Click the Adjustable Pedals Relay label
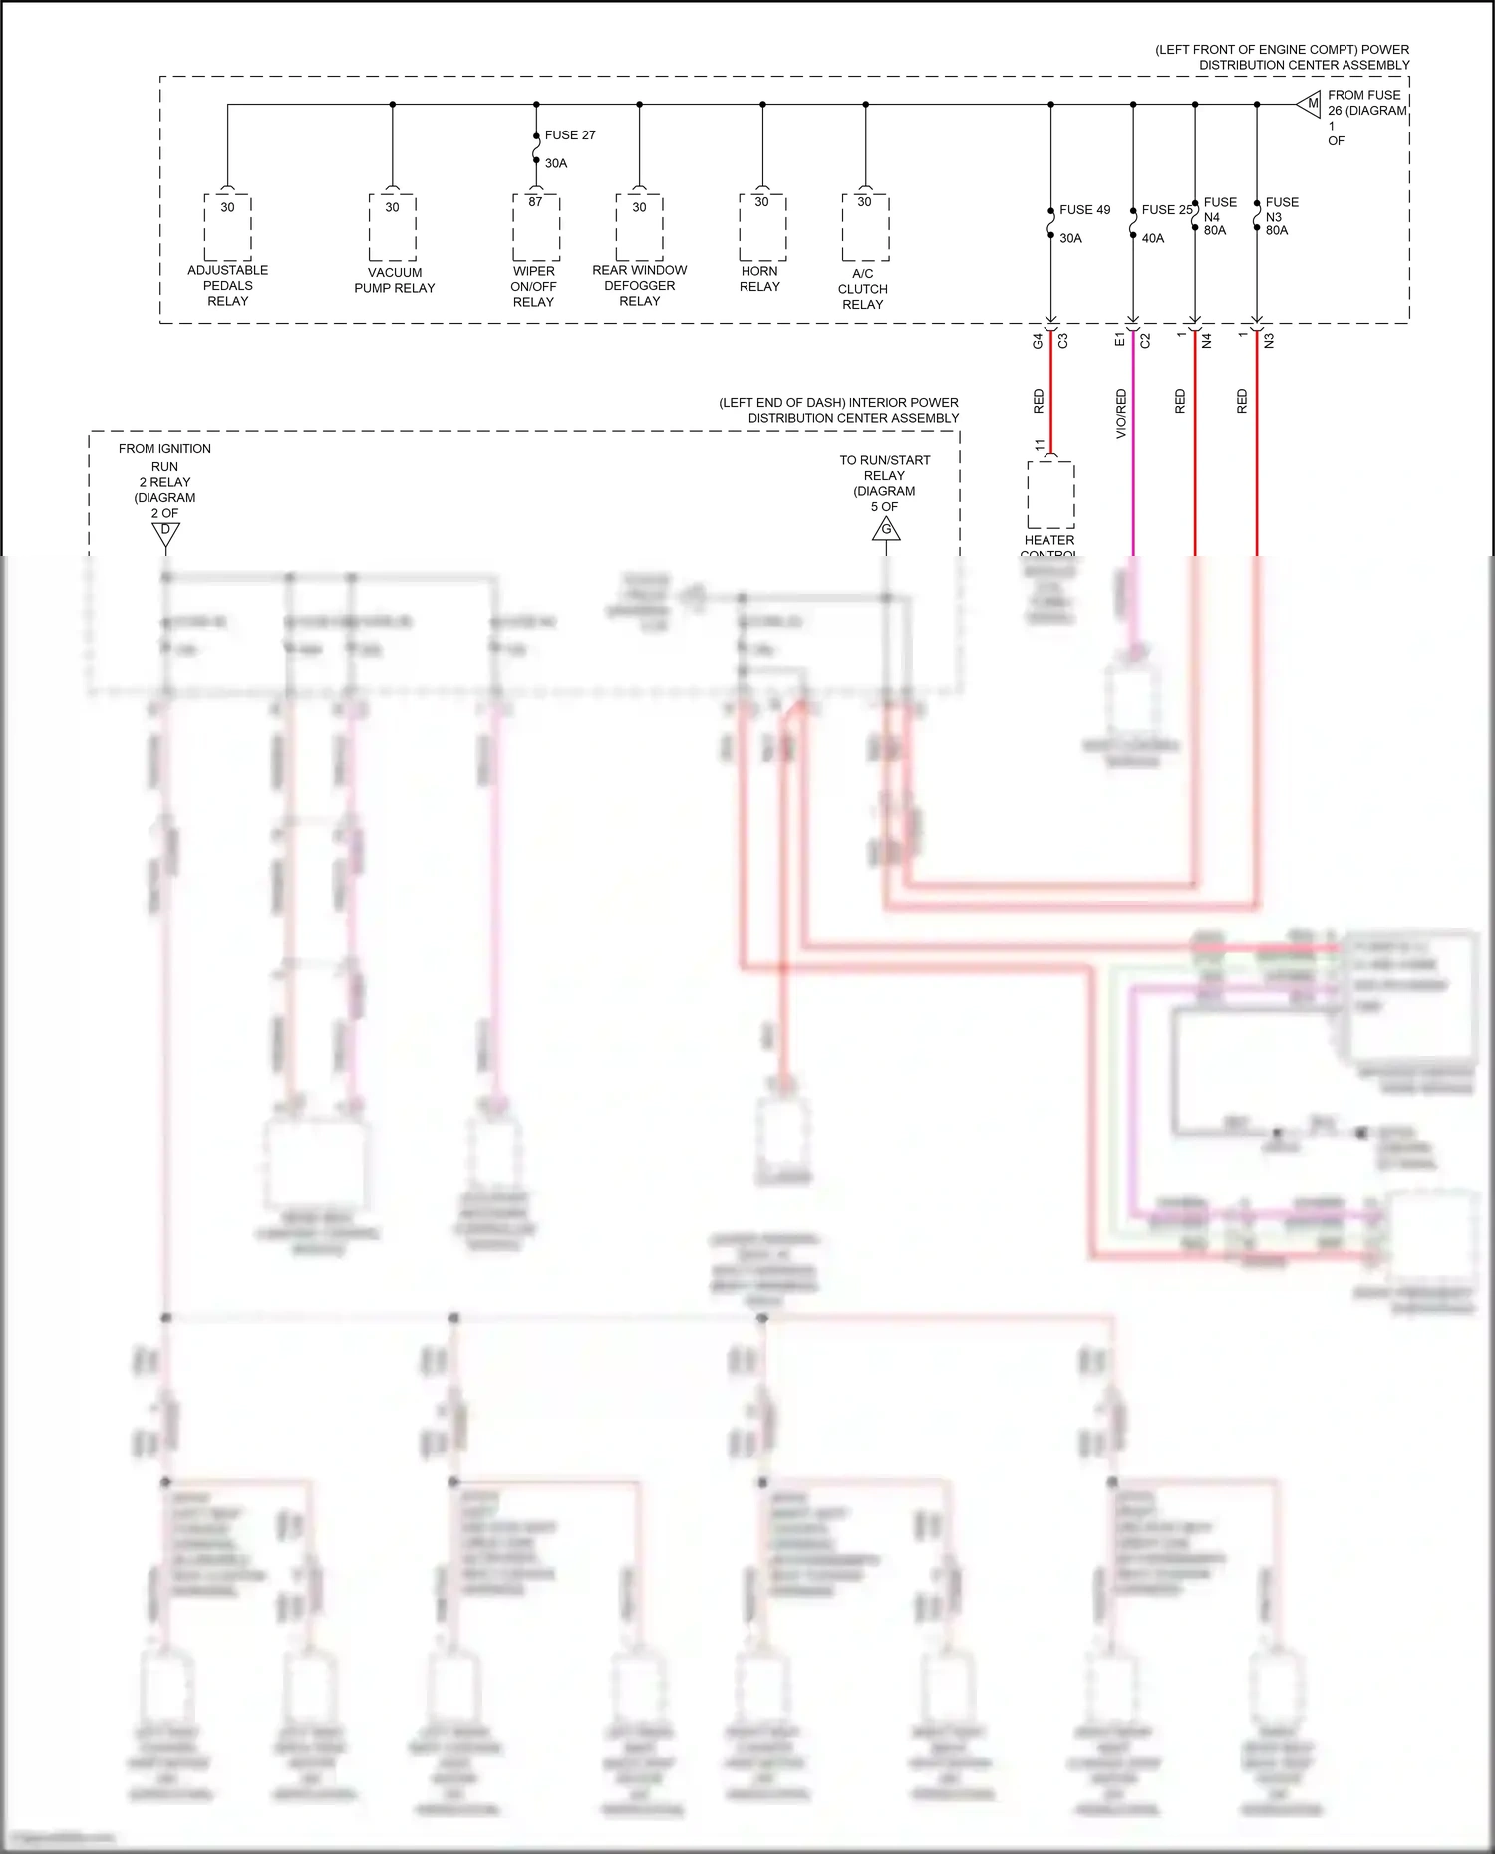pyautogui.click(x=227, y=285)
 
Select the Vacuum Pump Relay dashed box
pyautogui.click(x=392, y=227)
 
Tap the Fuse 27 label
pyautogui.click(x=570, y=134)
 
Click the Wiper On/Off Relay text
pyautogui.click(x=533, y=286)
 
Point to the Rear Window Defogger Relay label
pyautogui.click(x=639, y=285)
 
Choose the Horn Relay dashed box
pyautogui.click(x=762, y=227)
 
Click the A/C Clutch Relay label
pyautogui.click(x=862, y=289)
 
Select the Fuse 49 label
pyautogui.click(x=1084, y=209)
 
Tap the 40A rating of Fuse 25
pyautogui.click(x=1152, y=238)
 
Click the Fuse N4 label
pyautogui.click(x=1219, y=209)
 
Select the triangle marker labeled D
pyautogui.click(x=165, y=534)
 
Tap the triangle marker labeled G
pyautogui.click(x=886, y=530)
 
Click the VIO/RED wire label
pyautogui.click(x=1121, y=412)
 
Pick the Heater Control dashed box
pyautogui.click(x=1050, y=494)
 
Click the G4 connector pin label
pyautogui.click(x=1038, y=340)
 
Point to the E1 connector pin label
pyautogui.click(x=1119, y=340)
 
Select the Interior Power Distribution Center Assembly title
pyautogui.click(x=838, y=410)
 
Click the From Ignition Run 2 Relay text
pyautogui.click(x=164, y=480)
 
